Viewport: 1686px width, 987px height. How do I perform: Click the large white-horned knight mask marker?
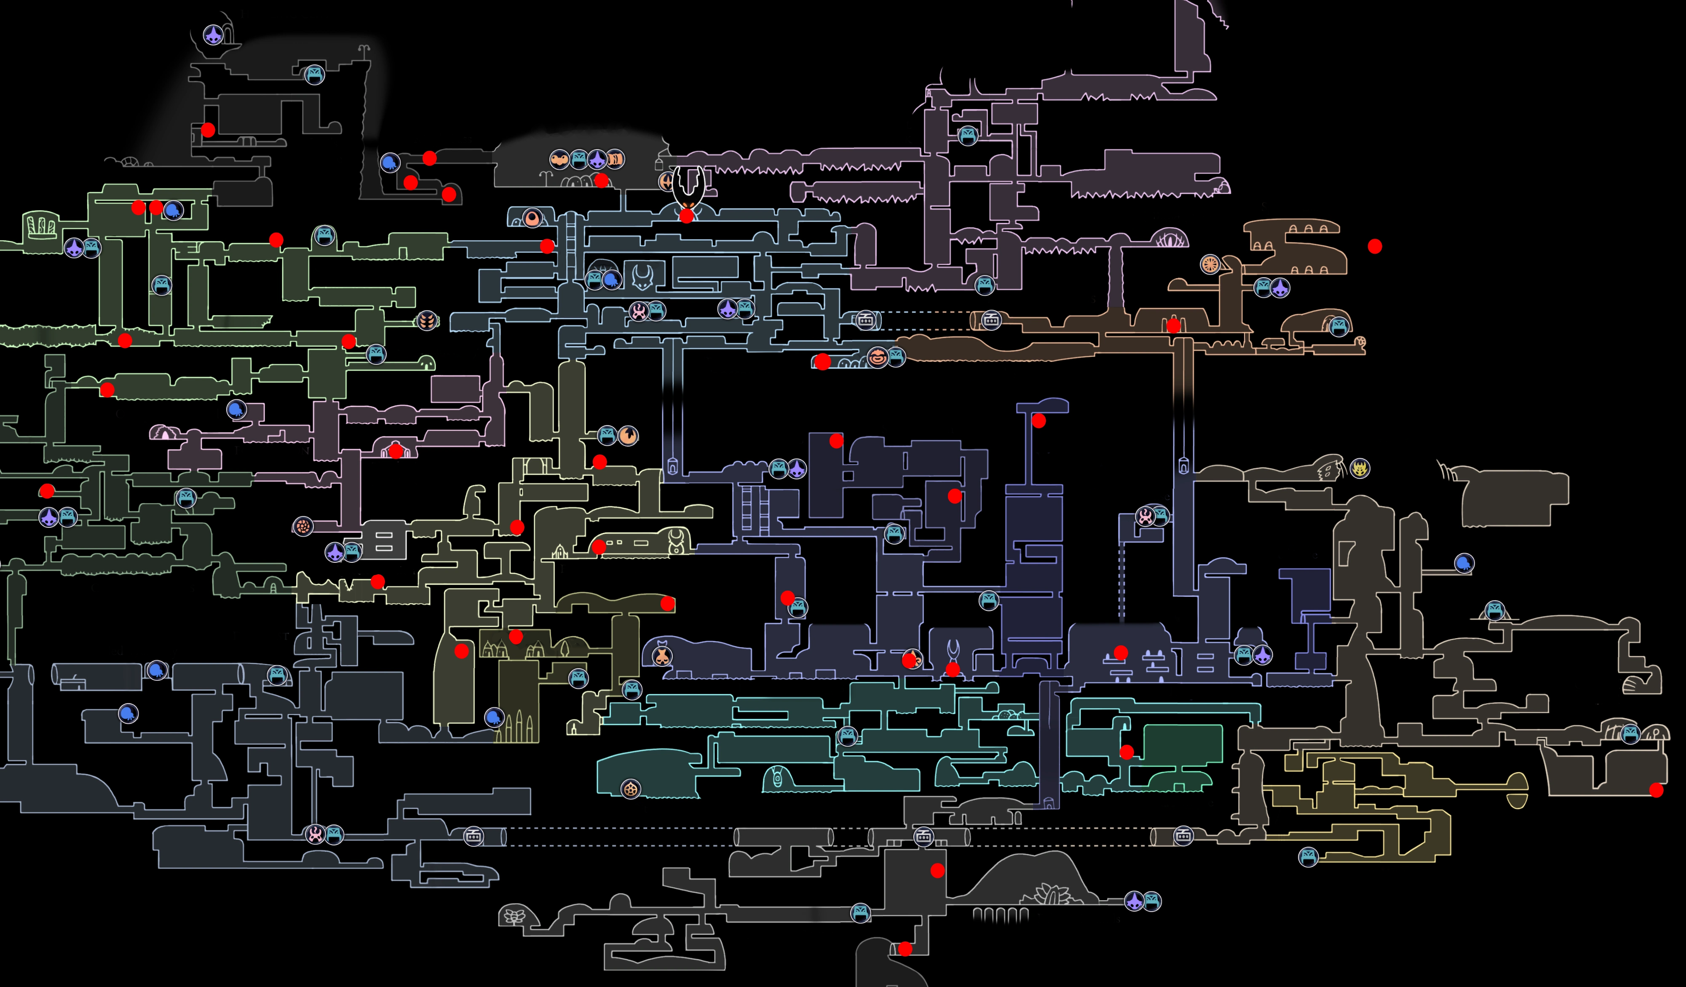[x=688, y=186]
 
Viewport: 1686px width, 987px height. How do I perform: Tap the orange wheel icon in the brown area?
[x=1210, y=264]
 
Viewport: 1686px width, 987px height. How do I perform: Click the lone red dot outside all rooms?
[x=1375, y=246]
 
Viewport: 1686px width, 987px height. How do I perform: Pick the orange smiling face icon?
[x=877, y=357]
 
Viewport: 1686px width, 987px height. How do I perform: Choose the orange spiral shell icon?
[x=303, y=527]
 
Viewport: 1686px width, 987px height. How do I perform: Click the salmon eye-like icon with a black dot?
[x=532, y=218]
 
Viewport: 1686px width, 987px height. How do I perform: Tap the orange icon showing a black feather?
[x=628, y=436]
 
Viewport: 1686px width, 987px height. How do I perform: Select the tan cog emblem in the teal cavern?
[x=630, y=789]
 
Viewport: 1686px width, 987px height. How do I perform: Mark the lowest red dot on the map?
[x=905, y=949]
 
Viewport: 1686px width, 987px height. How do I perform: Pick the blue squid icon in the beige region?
[x=1463, y=563]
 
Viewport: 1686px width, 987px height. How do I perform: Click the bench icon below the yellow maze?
[x=1308, y=856]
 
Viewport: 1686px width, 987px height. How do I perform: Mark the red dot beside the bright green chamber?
[x=1127, y=752]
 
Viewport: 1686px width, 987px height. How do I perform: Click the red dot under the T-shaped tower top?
[x=1038, y=421]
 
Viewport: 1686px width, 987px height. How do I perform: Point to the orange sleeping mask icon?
[x=559, y=159]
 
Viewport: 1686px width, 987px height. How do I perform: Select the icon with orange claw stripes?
[x=427, y=321]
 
